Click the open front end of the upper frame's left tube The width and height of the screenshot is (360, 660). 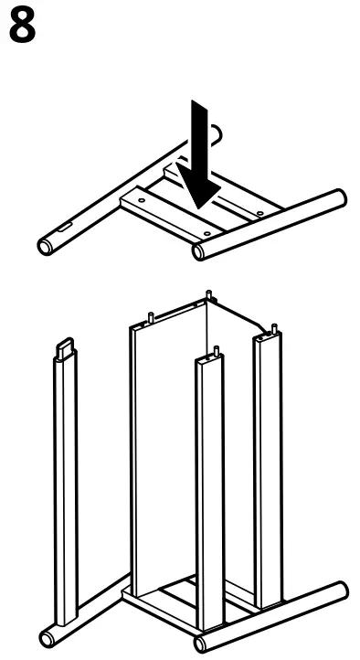[x=46, y=246]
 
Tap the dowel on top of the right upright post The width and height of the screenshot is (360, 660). [x=272, y=326]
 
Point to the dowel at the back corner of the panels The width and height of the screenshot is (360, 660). [x=209, y=295]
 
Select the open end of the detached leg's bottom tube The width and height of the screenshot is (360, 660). [x=47, y=636]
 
